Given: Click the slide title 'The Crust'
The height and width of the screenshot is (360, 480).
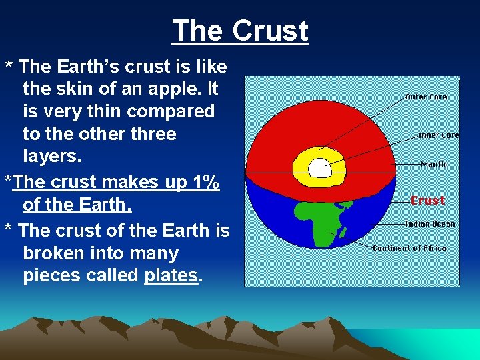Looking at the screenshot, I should pyautogui.click(x=240, y=31).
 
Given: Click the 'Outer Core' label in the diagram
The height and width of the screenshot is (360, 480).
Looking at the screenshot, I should pyautogui.click(x=426, y=97).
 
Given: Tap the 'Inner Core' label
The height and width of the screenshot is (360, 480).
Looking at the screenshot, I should pyautogui.click(x=438, y=135).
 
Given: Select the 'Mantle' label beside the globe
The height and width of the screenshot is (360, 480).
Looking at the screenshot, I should pyautogui.click(x=434, y=164).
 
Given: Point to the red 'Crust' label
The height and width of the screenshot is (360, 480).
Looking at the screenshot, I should pyautogui.click(x=427, y=200).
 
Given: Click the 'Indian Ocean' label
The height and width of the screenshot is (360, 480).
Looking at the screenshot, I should pyautogui.click(x=430, y=224).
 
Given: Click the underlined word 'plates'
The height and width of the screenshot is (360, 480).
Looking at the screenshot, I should pyautogui.click(x=171, y=276).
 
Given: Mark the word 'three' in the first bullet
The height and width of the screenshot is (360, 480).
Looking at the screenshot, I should pyautogui.click(x=150, y=133).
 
